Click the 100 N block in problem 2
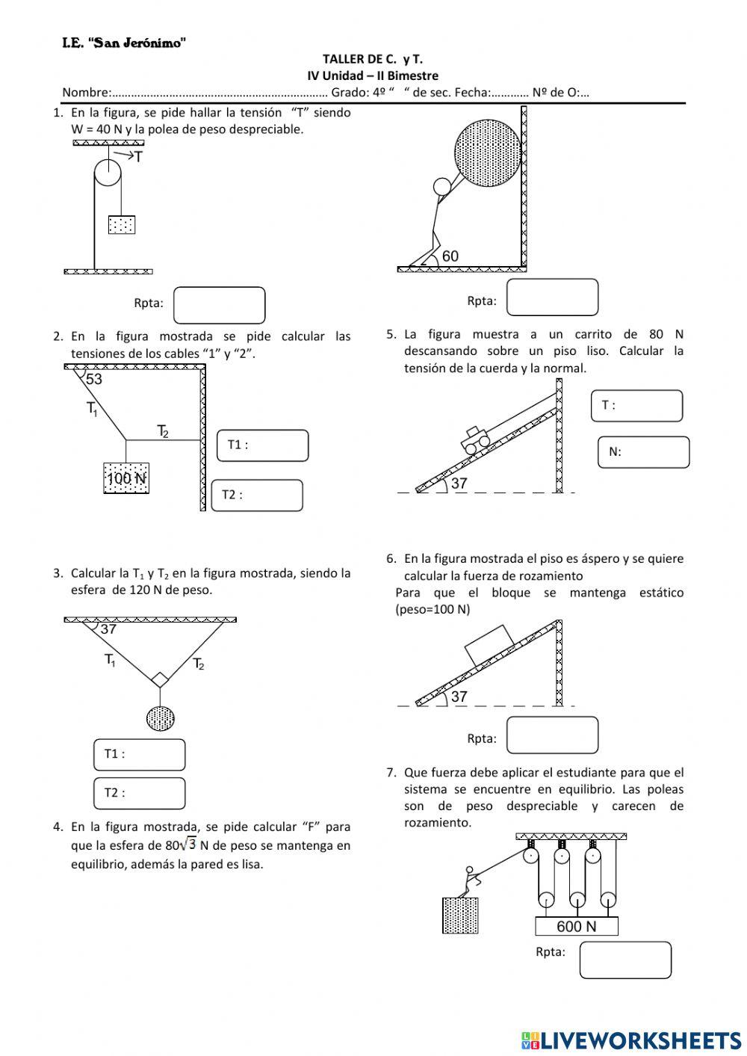click(x=125, y=478)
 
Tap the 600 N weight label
click(x=577, y=927)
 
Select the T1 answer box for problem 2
click(x=262, y=445)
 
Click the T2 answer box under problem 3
click(x=140, y=793)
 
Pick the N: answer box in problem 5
click(x=643, y=452)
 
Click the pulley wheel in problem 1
click(x=107, y=173)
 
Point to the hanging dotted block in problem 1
click(x=122, y=224)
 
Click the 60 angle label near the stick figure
click(x=450, y=256)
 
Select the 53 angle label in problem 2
click(x=94, y=379)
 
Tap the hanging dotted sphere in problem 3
click(x=161, y=718)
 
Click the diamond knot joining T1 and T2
click(x=159, y=679)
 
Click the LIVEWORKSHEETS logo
click(x=631, y=1040)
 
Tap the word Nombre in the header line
click(x=85, y=93)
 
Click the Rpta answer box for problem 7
click(x=625, y=960)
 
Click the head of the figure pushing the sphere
click(x=442, y=185)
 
